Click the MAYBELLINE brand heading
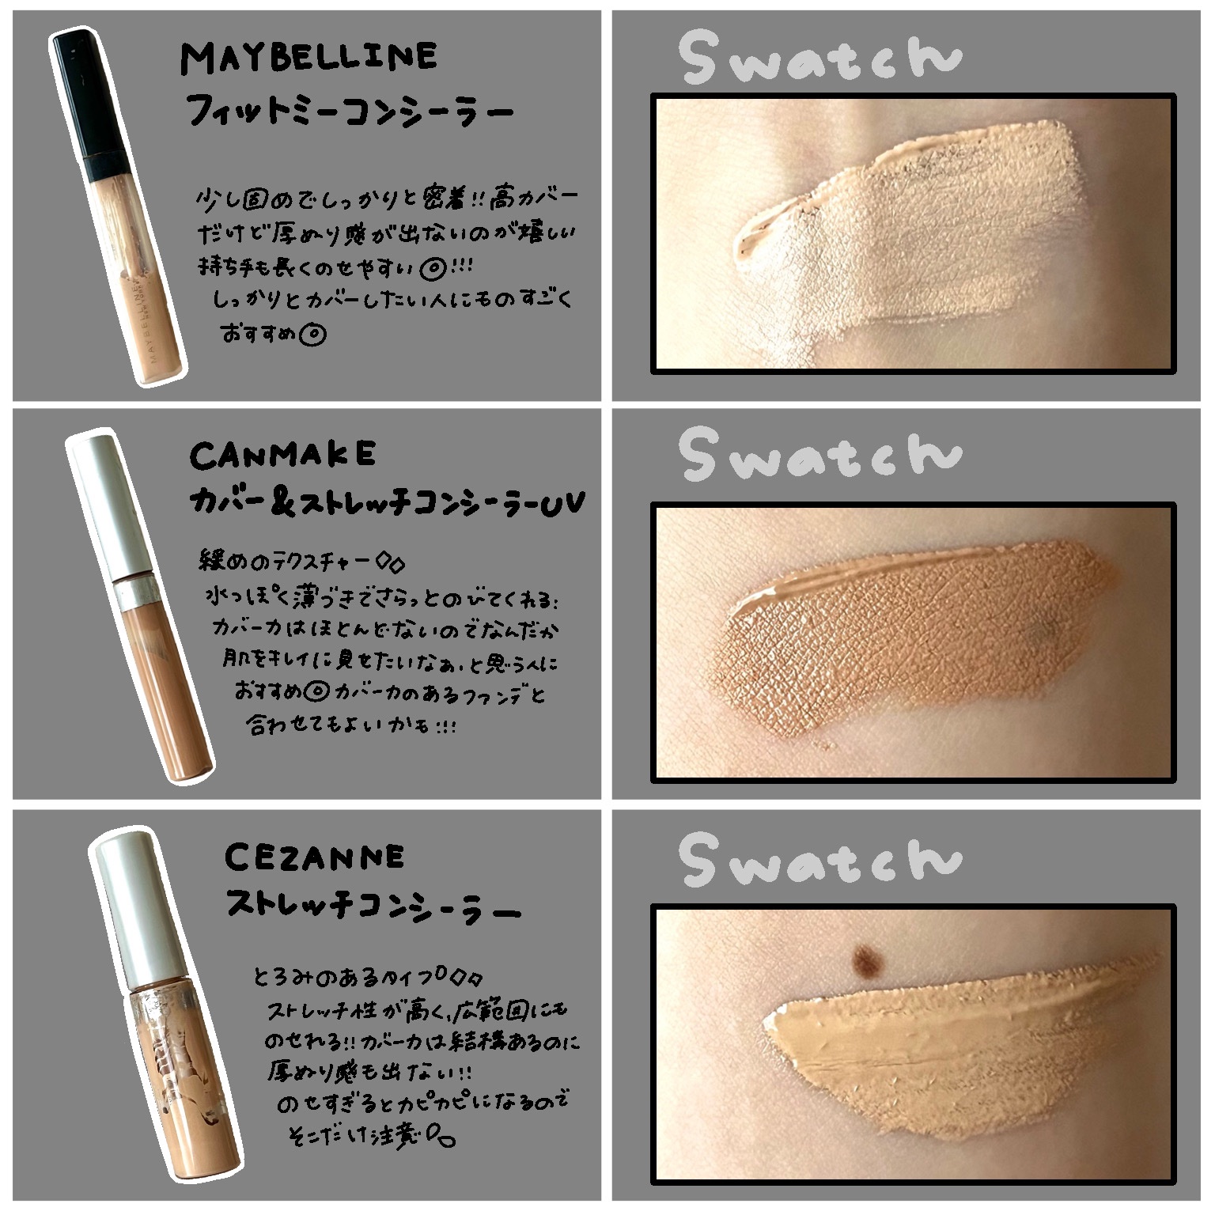click(308, 57)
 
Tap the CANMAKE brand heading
click(283, 455)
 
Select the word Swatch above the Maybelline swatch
click(820, 58)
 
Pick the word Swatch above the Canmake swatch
click(820, 455)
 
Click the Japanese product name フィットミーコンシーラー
click(348, 112)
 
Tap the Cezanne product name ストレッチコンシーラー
click(372, 907)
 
